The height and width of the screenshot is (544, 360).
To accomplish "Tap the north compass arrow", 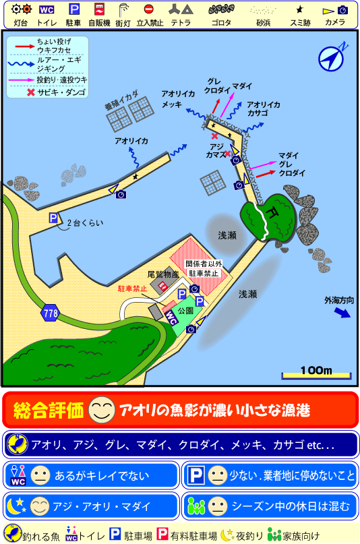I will point(333,58).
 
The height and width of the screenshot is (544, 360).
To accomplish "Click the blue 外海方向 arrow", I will point(343,313).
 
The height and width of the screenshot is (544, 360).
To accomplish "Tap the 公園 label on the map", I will point(185,311).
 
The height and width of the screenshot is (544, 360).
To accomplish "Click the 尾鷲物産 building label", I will point(162,275).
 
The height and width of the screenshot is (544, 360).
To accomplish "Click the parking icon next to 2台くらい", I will point(53,218).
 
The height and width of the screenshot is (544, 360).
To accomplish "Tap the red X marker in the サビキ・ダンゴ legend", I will point(30,92).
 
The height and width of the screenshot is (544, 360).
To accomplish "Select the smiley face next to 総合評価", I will point(100,409).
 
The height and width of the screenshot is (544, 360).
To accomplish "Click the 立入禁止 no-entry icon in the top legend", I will point(150,10).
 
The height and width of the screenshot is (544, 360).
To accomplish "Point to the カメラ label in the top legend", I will point(334,22).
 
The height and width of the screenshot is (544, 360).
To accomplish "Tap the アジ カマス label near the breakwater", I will point(216,150).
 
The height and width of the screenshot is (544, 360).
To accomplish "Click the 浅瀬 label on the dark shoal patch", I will point(227,235).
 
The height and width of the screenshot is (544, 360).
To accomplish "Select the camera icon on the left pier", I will point(121,194).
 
